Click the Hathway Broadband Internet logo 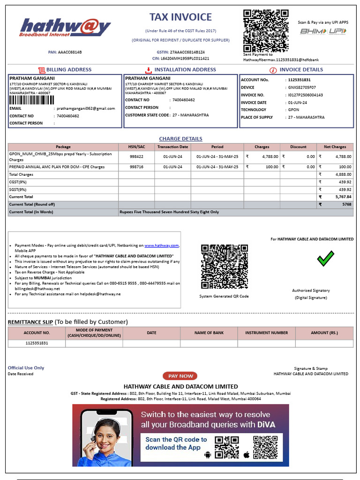[x=66, y=27]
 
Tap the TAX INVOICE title [x=180, y=17]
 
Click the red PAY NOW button [x=180, y=376]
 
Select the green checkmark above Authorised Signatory [x=325, y=258]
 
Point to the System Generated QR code [x=224, y=267]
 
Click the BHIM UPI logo [x=323, y=31]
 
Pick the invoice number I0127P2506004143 [x=305, y=95]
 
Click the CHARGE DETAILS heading [x=180, y=139]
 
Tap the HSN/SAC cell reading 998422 [x=136, y=157]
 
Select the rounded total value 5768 [x=347, y=204]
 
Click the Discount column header [x=298, y=147]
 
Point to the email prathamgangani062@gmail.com [x=86, y=108]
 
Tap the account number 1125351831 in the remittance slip [x=37, y=343]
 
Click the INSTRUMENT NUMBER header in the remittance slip [x=266, y=333]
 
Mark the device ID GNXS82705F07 [x=302, y=87]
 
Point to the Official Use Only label [x=26, y=368]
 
